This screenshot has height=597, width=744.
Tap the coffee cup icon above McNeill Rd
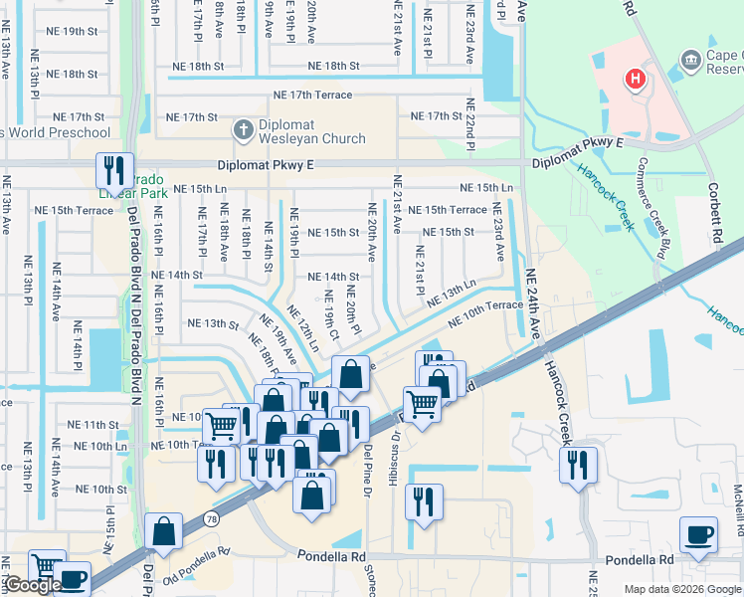(x=698, y=534)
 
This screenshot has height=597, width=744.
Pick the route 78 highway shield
(x=212, y=518)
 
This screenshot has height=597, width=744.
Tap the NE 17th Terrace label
(x=314, y=95)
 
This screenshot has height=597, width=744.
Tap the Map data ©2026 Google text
(x=682, y=589)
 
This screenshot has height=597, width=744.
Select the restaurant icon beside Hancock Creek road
(x=577, y=465)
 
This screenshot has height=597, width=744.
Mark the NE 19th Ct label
(x=330, y=309)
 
